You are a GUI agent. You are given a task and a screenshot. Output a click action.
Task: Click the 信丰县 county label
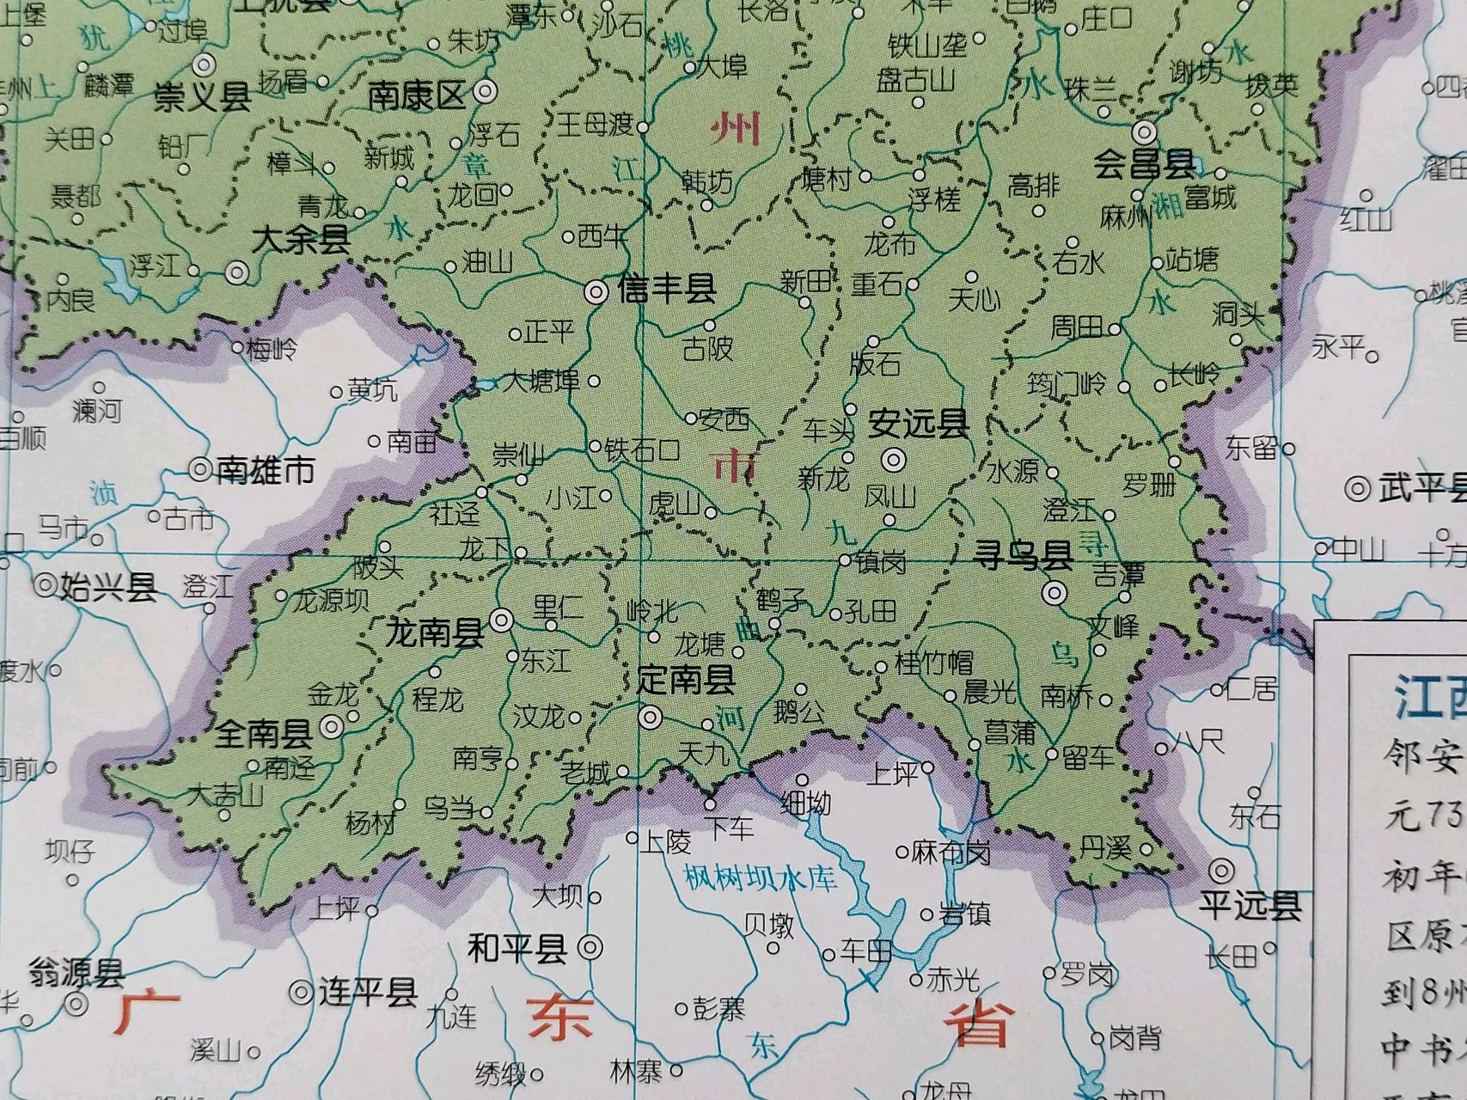tap(667, 290)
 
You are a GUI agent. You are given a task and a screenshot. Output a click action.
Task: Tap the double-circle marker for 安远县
tap(894, 460)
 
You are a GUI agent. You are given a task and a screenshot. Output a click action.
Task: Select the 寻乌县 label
tap(1022, 557)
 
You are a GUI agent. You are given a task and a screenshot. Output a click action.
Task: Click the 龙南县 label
tap(434, 634)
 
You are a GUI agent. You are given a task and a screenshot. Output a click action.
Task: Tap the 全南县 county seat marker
tap(332, 727)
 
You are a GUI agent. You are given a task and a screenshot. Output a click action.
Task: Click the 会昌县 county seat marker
tap(1144, 131)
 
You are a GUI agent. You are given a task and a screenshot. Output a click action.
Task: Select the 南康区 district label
tap(416, 95)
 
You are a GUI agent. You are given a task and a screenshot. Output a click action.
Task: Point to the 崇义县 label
tap(203, 97)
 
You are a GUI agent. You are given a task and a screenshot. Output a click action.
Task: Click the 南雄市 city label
tap(266, 471)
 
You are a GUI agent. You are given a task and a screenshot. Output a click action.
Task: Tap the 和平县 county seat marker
tap(590, 947)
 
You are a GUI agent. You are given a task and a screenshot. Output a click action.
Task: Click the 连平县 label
tap(368, 993)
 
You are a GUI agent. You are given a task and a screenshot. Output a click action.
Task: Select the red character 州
tap(735, 131)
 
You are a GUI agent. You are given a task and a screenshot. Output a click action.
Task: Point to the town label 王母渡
tap(596, 126)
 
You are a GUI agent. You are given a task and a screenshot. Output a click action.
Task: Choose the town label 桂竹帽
tap(934, 663)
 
